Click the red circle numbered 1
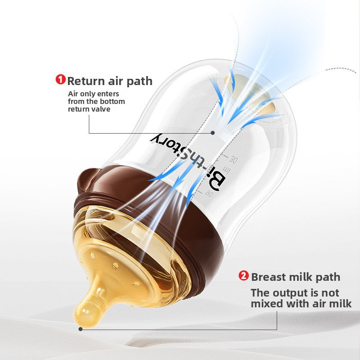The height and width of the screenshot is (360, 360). (x=60, y=79)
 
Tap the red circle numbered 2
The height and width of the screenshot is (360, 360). (x=243, y=275)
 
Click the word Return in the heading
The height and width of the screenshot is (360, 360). (x=86, y=81)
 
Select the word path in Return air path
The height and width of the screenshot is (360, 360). (x=139, y=81)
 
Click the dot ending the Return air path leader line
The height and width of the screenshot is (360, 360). (x=213, y=133)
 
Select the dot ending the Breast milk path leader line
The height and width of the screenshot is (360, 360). (x=81, y=329)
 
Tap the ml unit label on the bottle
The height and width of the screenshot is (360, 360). (x=227, y=171)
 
